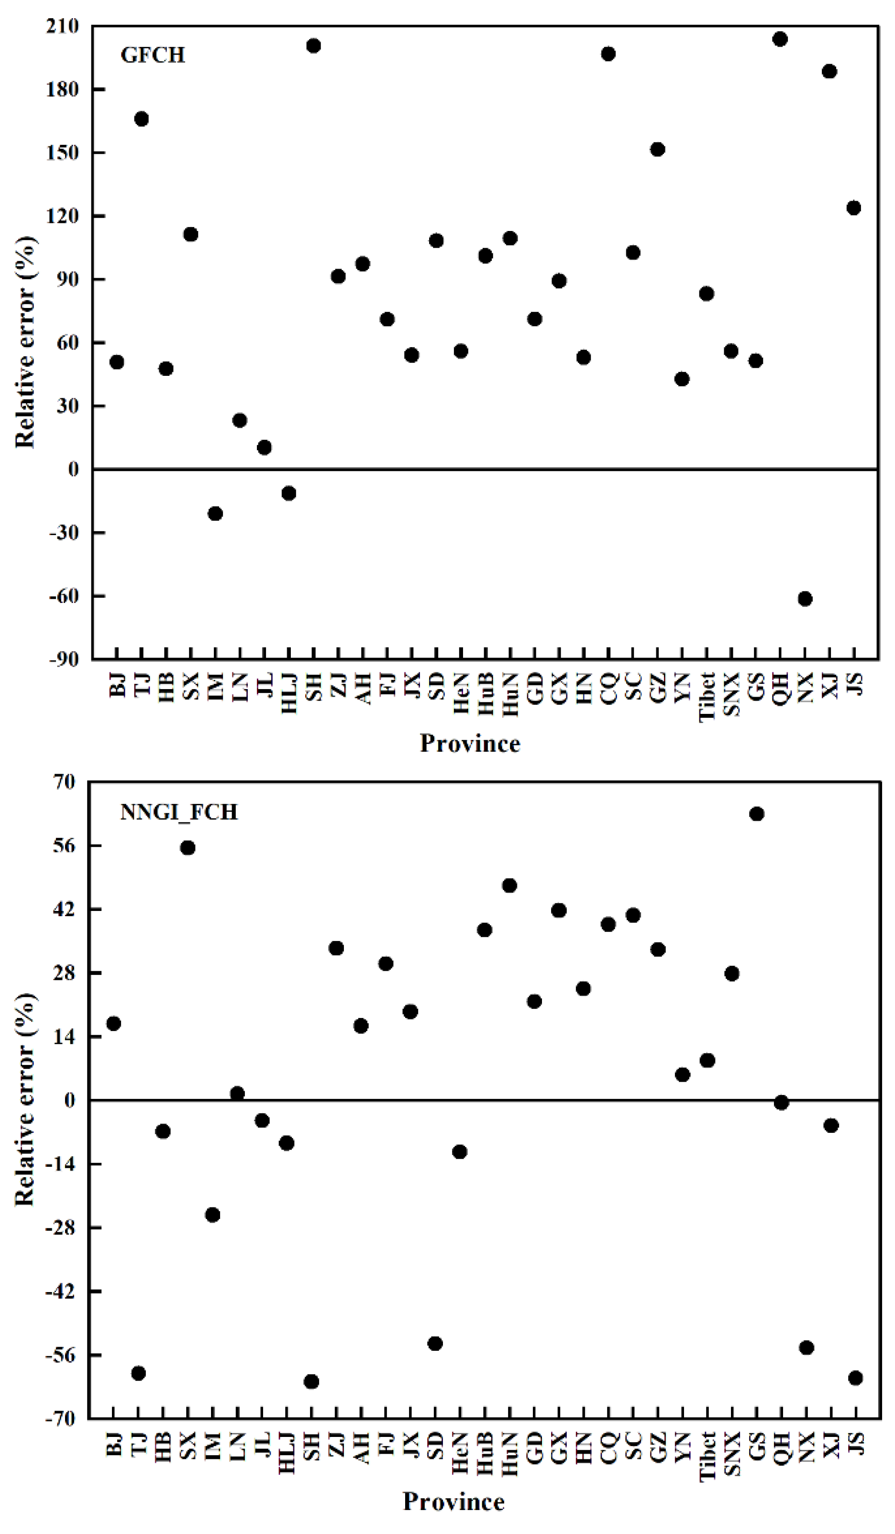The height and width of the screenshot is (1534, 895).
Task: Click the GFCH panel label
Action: click(x=153, y=55)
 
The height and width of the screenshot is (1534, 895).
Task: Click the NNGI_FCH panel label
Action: click(x=179, y=812)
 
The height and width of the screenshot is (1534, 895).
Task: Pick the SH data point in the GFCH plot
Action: click(x=313, y=45)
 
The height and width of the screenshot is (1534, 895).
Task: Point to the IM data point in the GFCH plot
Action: click(x=215, y=514)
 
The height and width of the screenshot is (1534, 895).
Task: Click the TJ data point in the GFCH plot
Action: click(x=141, y=119)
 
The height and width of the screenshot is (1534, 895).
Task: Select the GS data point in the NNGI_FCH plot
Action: click(x=757, y=814)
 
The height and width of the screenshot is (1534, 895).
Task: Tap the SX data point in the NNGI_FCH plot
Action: click(x=188, y=848)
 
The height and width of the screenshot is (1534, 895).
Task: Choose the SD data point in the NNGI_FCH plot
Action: click(x=435, y=1344)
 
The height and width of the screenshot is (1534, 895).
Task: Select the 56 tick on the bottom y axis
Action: click(x=63, y=845)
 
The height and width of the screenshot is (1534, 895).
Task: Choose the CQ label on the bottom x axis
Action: click(x=609, y=1447)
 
